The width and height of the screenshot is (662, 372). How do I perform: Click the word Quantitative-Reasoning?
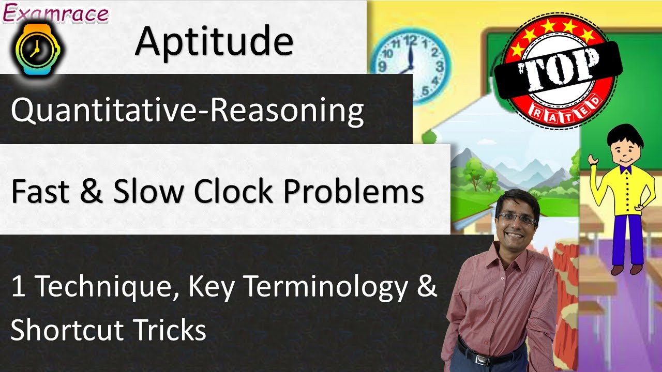[187, 111]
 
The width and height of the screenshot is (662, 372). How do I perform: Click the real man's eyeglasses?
[516, 219]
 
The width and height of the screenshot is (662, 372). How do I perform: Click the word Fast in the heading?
[38, 192]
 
